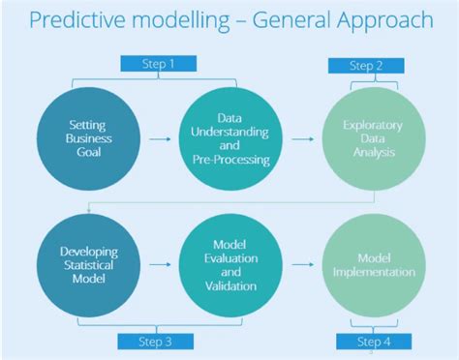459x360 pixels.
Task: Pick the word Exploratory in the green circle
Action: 372,125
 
